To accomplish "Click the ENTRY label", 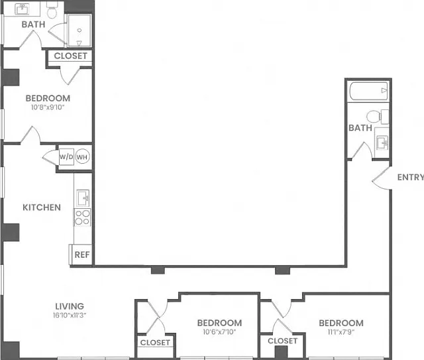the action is pos(411,177).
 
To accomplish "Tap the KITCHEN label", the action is pos(42,208).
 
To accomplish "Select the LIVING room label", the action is pos(70,306).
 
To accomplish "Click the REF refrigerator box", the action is pos(82,255).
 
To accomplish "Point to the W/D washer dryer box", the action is pos(66,156).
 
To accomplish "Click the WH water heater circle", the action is pos(82,156).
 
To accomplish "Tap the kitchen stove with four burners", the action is pos(82,217).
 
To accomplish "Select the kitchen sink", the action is pos(83,198).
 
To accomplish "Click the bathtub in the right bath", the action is pos(369,91).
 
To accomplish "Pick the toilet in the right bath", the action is pos(378,117).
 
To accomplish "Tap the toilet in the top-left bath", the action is pos(52,10).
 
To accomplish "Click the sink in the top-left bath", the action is pos(22,9).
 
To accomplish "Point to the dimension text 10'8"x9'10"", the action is pos(48,107).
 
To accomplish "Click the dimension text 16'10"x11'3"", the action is pos(70,315).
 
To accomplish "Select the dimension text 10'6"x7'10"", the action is pos(219,331).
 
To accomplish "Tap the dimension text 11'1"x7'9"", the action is pos(341,331).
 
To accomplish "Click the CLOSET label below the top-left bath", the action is pos(71,56).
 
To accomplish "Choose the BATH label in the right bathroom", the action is pos(360,128).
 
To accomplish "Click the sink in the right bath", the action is pos(382,142).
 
